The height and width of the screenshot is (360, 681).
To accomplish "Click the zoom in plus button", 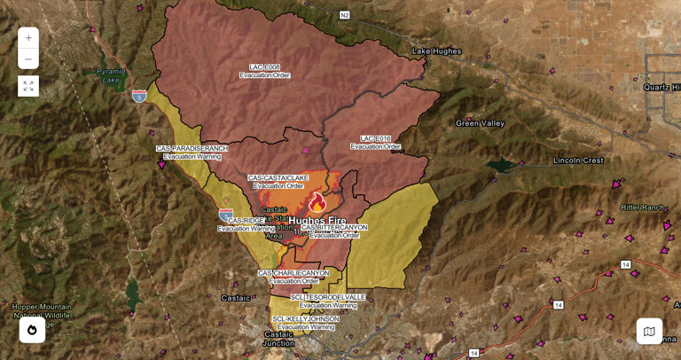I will pyautogui.click(x=28, y=38).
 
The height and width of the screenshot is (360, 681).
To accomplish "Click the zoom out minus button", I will pyautogui.click(x=28, y=59).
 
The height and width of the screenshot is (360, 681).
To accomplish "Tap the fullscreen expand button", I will pyautogui.click(x=28, y=86).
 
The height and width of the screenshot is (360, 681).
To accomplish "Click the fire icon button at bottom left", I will pyautogui.click(x=32, y=330).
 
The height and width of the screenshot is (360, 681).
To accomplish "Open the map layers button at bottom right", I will pyautogui.click(x=649, y=331).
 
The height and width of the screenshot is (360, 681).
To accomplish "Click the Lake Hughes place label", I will pyautogui.click(x=437, y=51).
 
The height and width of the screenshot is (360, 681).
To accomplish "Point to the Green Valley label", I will pyautogui.click(x=480, y=123).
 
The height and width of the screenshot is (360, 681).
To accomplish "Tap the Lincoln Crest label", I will pyautogui.click(x=578, y=160).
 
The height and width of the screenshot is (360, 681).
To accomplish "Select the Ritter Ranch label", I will pyautogui.click(x=642, y=207).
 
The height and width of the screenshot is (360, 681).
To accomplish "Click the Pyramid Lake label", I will pyautogui.click(x=111, y=75).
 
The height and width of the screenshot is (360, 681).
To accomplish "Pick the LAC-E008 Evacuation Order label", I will pyautogui.click(x=264, y=71).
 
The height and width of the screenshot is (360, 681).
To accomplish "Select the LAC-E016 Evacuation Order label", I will pyautogui.click(x=375, y=143).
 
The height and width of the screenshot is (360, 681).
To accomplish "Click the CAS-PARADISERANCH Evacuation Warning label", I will pyautogui.click(x=192, y=153).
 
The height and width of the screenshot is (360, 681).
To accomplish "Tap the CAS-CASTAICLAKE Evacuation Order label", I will pyautogui.click(x=278, y=182).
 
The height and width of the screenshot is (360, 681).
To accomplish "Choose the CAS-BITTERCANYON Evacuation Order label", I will pyautogui.click(x=334, y=231).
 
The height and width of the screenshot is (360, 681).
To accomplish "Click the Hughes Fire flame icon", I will pyautogui.click(x=317, y=202).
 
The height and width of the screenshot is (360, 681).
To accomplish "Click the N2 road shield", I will pyautogui.click(x=344, y=15).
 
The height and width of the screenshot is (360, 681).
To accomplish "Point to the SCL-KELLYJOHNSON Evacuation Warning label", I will pyautogui.click(x=305, y=323).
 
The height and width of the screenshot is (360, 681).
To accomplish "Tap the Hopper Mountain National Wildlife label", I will pyautogui.click(x=42, y=311).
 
